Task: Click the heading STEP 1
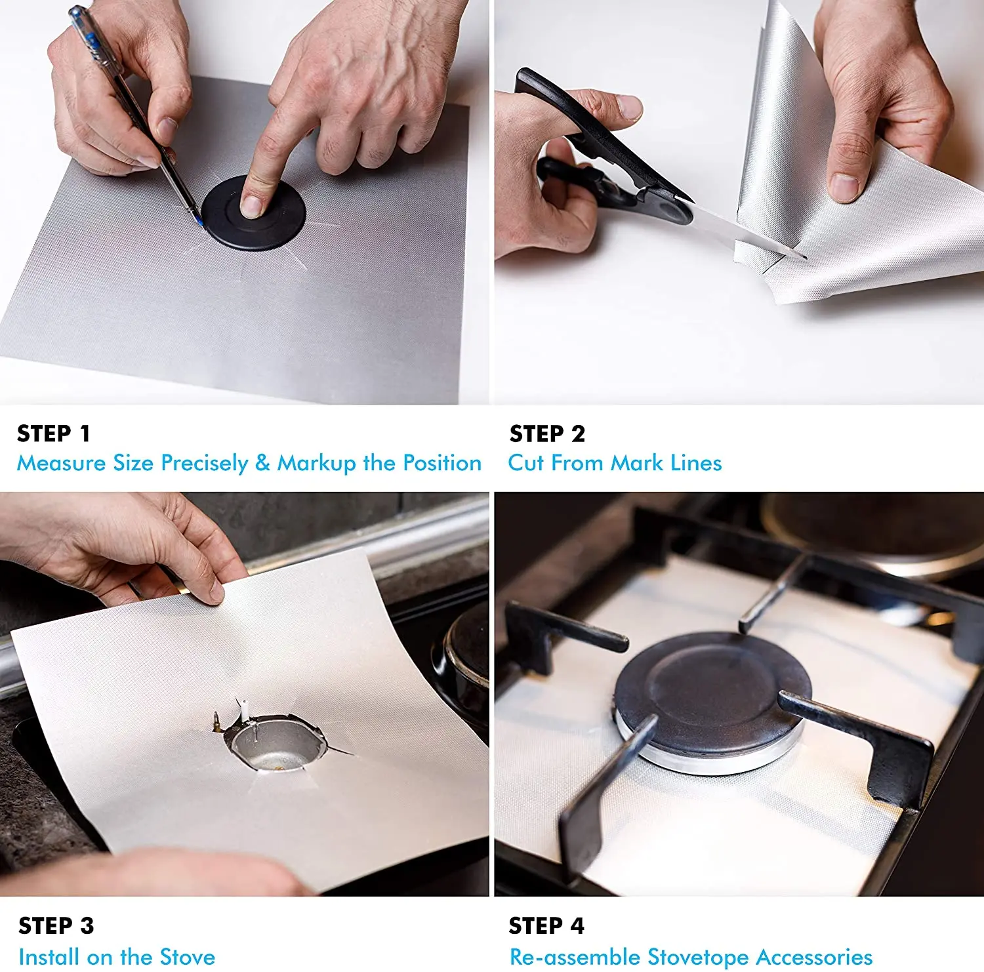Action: (53, 434)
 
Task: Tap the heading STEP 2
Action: (546, 434)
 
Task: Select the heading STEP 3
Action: (56, 925)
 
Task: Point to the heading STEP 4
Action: (546, 925)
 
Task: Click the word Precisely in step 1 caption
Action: (204, 463)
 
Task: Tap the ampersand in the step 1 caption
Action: (262, 463)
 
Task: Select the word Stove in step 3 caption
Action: (188, 957)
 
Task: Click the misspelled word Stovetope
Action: (697, 957)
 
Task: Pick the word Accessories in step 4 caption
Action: (814, 957)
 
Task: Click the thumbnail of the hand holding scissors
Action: (629, 107)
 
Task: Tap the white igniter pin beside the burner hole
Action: (243, 708)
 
